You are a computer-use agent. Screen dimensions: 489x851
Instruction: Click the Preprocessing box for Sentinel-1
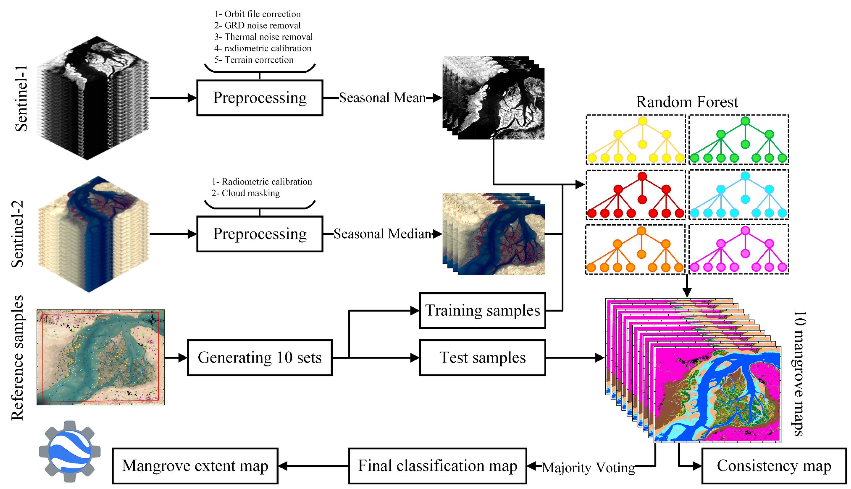click(x=259, y=98)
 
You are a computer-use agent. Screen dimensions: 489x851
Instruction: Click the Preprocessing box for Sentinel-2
click(x=259, y=234)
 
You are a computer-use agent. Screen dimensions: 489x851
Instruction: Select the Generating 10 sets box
click(x=259, y=357)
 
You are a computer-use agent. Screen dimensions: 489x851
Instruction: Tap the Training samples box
click(x=482, y=310)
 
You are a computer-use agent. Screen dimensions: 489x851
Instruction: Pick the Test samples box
click(x=482, y=357)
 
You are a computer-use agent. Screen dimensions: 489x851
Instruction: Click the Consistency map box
click(x=773, y=466)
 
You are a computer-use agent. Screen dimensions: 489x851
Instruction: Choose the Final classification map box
click(x=437, y=466)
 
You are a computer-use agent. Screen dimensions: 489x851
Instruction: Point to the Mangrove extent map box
click(x=195, y=466)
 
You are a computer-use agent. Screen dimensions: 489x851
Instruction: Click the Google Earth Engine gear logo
click(x=69, y=451)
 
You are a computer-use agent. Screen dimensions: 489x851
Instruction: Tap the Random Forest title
click(x=687, y=102)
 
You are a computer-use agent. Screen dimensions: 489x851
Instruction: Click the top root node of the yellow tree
click(x=642, y=121)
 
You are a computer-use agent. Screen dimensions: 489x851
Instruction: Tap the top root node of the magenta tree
click(x=745, y=230)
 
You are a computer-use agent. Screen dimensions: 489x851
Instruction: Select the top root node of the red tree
click(x=642, y=176)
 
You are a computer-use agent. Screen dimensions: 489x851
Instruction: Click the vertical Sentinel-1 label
click(x=21, y=98)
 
